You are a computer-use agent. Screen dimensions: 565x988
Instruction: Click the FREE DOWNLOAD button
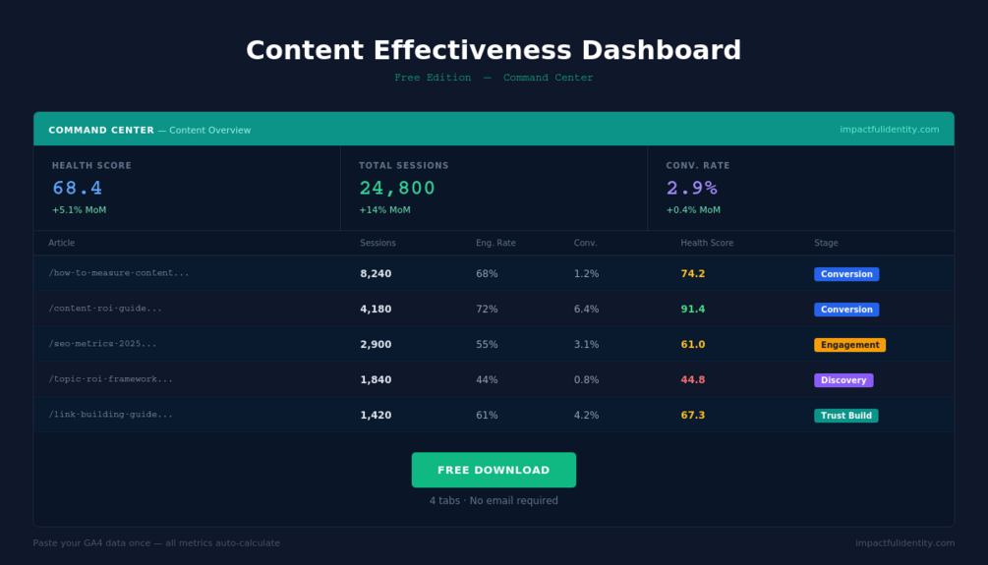click(x=494, y=470)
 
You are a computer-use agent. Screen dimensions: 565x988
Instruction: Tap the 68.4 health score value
click(x=78, y=188)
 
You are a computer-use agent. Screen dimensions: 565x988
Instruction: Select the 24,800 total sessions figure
click(x=397, y=188)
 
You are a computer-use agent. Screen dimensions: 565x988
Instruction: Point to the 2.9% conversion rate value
click(x=692, y=188)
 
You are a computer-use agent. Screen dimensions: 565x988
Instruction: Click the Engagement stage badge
click(x=849, y=345)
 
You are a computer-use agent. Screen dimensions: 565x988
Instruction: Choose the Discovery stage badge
click(x=843, y=380)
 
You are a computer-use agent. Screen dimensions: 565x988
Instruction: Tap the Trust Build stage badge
click(x=845, y=416)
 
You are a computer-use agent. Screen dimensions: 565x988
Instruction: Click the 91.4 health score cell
click(x=693, y=310)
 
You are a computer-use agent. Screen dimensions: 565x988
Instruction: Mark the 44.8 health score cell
click(x=693, y=380)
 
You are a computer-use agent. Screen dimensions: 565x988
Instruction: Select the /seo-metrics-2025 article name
click(x=102, y=344)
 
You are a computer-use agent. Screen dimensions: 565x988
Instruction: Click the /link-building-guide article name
click(x=110, y=415)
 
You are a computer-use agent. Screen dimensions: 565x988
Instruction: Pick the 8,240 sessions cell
click(x=376, y=274)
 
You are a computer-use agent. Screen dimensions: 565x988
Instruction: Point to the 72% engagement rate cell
click(x=487, y=310)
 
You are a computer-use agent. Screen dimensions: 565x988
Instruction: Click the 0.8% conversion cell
click(x=586, y=380)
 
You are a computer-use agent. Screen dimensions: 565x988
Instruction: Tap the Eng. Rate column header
click(x=495, y=243)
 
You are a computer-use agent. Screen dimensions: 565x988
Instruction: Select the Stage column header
click(x=826, y=243)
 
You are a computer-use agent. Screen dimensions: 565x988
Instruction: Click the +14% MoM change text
click(x=384, y=210)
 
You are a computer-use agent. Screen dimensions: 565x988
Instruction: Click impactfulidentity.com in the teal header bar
click(x=889, y=130)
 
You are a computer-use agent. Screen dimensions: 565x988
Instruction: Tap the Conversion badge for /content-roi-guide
click(x=846, y=310)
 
